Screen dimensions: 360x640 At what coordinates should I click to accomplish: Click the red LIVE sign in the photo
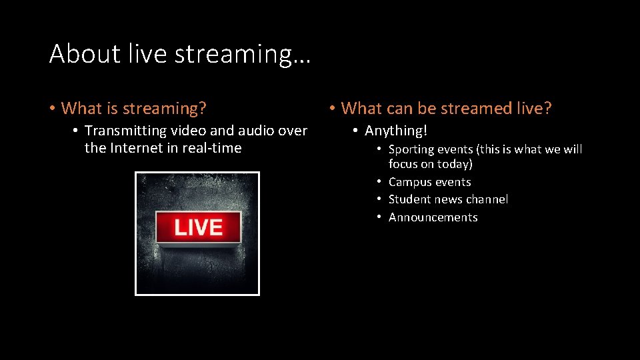coord(198,227)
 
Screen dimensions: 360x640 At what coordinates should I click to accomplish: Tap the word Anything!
coord(396,131)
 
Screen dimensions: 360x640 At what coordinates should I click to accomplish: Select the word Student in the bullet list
coord(409,199)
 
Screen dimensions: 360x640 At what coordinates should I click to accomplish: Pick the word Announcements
coord(433,217)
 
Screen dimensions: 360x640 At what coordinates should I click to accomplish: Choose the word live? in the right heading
coord(533,108)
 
